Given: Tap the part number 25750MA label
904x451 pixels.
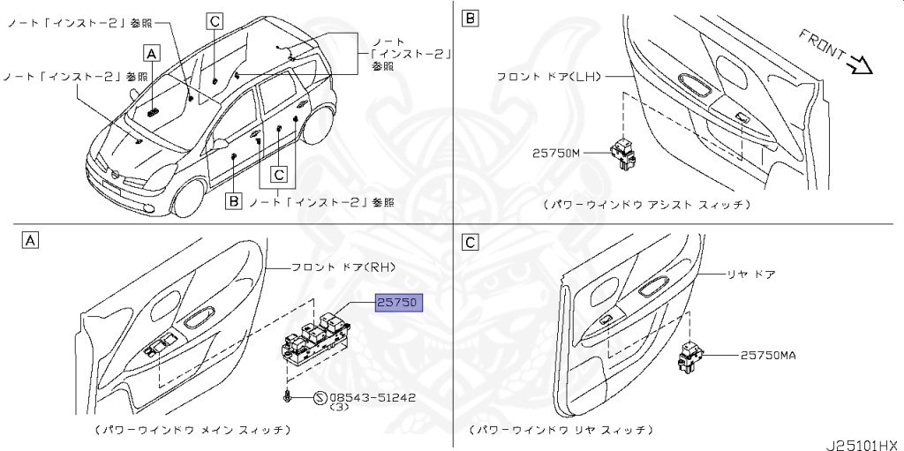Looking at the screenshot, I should coord(768,355).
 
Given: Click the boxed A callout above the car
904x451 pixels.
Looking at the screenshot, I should coord(152,53).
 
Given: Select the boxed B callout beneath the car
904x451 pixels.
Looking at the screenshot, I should coord(233,202).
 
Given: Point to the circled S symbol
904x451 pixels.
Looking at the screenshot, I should coord(319,398).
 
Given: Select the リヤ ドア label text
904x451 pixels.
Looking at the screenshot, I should coord(750,274).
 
